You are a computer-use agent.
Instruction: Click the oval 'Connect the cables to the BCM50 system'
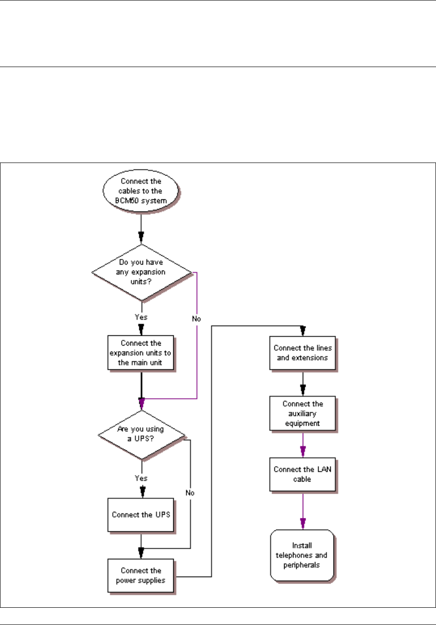coord(141,191)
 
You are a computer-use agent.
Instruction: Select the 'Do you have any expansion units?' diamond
coord(141,272)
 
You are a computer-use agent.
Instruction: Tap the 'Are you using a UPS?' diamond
coord(141,435)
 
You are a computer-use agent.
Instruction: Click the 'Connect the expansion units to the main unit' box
coord(141,353)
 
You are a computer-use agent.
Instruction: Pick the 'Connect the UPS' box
coord(141,515)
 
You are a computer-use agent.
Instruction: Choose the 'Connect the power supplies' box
coord(141,576)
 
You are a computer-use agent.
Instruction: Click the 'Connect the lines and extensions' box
coord(303,353)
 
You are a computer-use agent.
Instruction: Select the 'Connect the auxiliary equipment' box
coord(303,414)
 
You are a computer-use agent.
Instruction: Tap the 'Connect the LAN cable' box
coord(303,474)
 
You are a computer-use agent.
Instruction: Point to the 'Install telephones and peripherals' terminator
coord(302,555)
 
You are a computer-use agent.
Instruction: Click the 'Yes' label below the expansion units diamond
coord(141,317)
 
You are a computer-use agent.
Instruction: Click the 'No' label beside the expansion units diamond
coord(196,319)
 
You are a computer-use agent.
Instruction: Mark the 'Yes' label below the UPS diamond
coord(141,478)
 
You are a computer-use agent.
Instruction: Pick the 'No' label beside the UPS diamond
coord(190,493)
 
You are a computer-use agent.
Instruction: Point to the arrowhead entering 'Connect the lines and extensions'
coord(303,331)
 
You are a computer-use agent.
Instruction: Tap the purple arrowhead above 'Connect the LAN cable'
coord(303,452)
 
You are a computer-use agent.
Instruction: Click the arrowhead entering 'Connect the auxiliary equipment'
coord(303,390)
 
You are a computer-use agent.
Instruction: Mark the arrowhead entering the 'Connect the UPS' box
coord(142,492)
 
